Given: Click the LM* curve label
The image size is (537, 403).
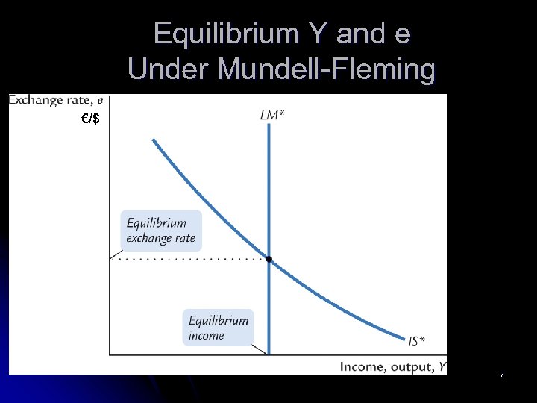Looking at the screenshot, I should click(271, 114).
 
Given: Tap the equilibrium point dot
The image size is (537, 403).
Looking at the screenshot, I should click(268, 259).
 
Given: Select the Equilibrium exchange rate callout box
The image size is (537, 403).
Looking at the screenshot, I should click(161, 231).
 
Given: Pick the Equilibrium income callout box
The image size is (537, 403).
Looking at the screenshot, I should click(219, 328).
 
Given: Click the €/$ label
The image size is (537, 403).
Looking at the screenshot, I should click(90, 119).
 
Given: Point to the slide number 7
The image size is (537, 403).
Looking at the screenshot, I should click(502, 373).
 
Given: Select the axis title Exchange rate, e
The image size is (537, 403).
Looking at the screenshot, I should click(57, 101).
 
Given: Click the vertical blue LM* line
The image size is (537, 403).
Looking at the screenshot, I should click(268, 187).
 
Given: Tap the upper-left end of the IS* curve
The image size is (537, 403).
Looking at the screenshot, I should click(154, 140).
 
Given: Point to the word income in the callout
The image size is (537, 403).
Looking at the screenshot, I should click(207, 336).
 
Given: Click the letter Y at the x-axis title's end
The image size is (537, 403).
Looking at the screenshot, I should click(442, 366).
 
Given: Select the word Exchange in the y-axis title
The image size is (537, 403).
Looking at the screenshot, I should click(33, 101).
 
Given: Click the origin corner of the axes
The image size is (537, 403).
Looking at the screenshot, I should click(110, 354).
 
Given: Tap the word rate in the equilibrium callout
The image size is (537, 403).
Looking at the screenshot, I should click(183, 238).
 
